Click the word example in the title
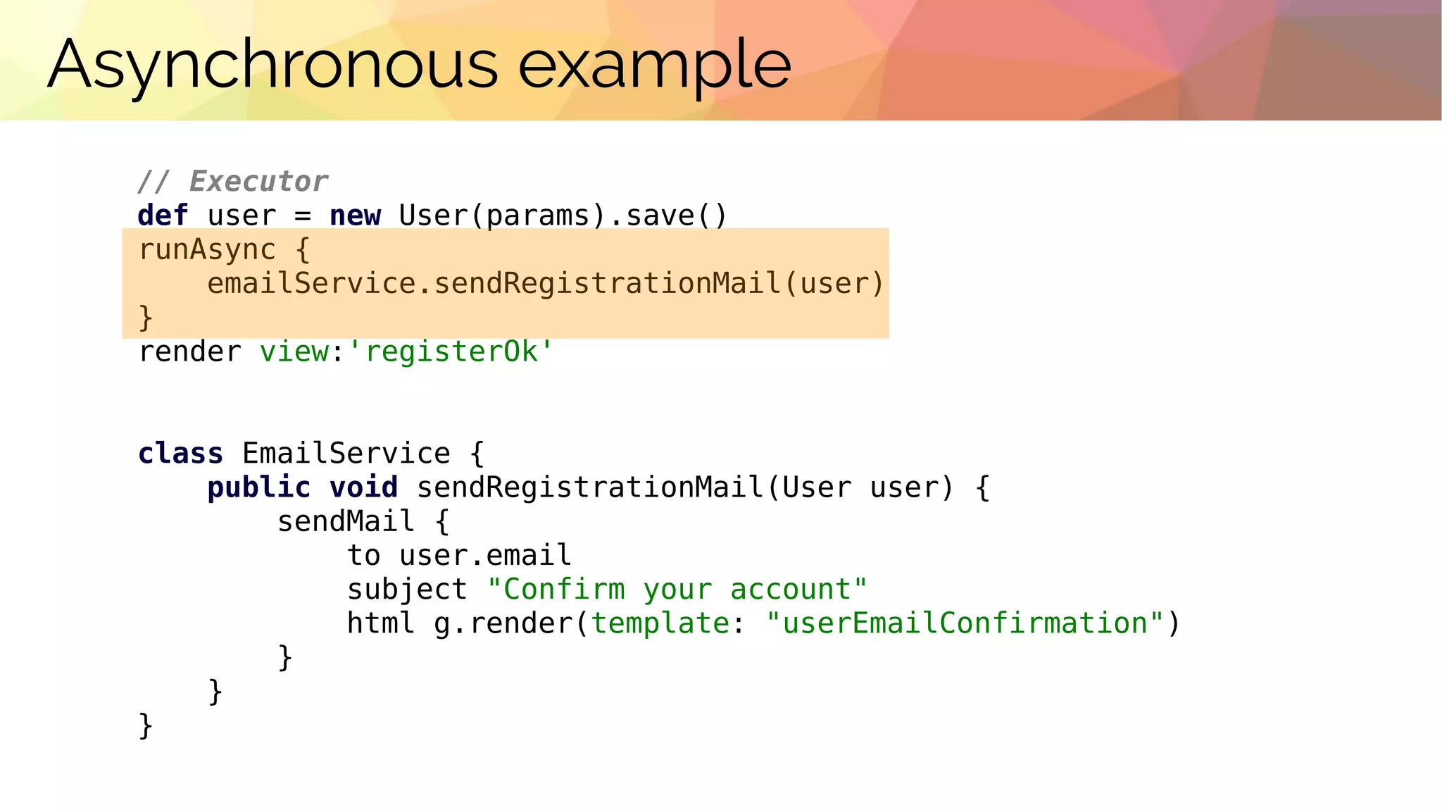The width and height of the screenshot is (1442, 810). pyautogui.click(x=654, y=65)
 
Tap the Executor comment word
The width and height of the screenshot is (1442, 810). pyautogui.click(x=258, y=182)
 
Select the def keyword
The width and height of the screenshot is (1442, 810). pyautogui.click(x=163, y=216)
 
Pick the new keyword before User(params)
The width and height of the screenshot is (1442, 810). pyautogui.click(x=355, y=216)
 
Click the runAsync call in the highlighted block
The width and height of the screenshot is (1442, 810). pyautogui.click(x=207, y=249)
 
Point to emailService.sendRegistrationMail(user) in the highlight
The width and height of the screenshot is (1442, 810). pyautogui.click(x=545, y=283)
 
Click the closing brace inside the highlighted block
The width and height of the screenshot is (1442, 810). pyautogui.click(x=146, y=317)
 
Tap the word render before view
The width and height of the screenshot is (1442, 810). pyautogui.click(x=189, y=351)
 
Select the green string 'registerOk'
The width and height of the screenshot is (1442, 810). pyautogui.click(x=451, y=351)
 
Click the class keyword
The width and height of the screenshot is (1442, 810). pyautogui.click(x=180, y=453)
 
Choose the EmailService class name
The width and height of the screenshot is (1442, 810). pyautogui.click(x=346, y=453)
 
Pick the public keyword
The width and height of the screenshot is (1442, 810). pyautogui.click(x=258, y=487)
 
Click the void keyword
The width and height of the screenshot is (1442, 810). pyautogui.click(x=363, y=487)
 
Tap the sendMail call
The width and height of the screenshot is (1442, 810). pyautogui.click(x=346, y=521)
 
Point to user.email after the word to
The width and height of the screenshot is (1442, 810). pyautogui.click(x=485, y=555)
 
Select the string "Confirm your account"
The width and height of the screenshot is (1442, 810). pyautogui.click(x=677, y=589)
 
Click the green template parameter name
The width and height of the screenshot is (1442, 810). pyautogui.click(x=660, y=623)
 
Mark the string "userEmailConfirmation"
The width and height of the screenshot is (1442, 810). pyautogui.click(x=965, y=623)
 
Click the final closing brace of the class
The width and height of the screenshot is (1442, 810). pyautogui.click(x=146, y=725)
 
